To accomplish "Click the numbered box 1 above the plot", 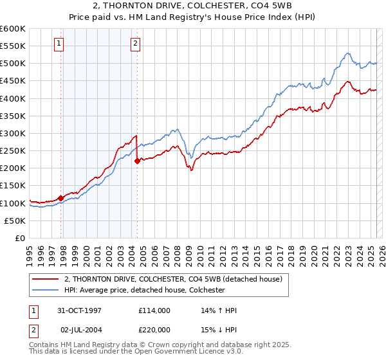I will click(x=59, y=44).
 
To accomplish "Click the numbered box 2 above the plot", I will click(x=136, y=44).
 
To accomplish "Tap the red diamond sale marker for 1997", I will click(x=61, y=198).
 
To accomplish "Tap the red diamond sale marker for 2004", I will click(x=137, y=161).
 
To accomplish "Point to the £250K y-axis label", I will click(x=13, y=151).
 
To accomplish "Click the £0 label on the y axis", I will click(x=20, y=239).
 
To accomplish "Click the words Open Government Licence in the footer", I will click(x=192, y=353).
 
